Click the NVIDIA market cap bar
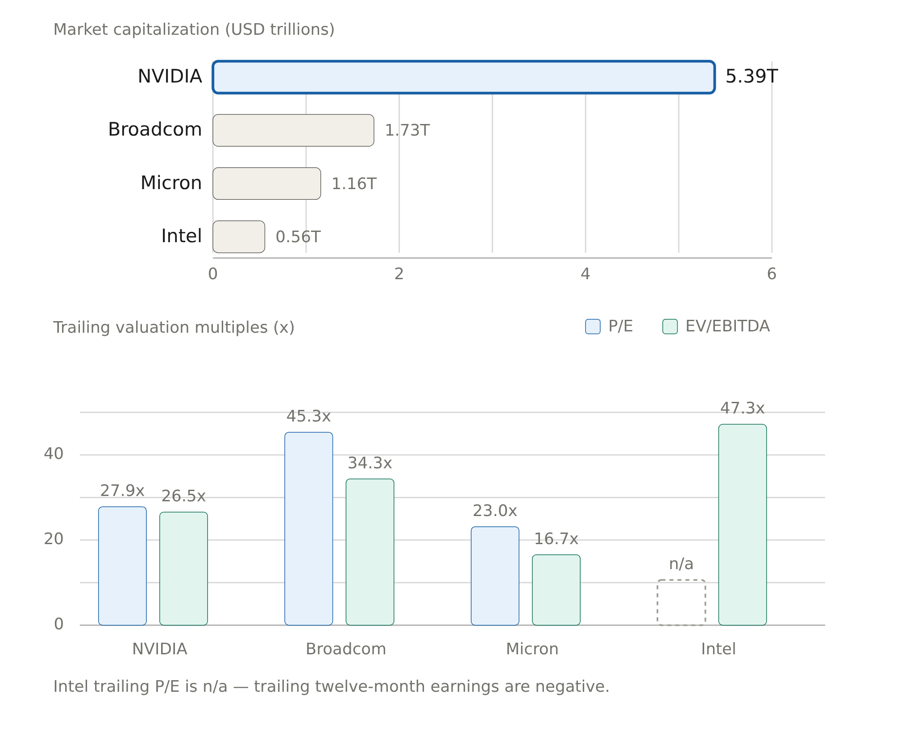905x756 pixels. pos(464,77)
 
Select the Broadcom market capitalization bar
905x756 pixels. pos(293,130)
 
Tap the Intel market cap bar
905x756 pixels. pos(239,237)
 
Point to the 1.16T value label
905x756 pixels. pos(354,184)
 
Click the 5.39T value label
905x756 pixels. pos(751,76)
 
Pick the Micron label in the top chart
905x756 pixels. pos(171,183)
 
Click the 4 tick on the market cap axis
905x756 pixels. pos(585,274)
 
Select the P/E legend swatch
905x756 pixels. pos(593,326)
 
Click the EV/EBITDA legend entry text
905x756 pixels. pos(727,326)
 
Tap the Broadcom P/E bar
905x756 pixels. pos(309,529)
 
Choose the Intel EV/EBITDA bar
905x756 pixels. pos(743,525)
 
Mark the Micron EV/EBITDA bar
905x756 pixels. pos(556,590)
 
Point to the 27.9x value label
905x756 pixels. pos(122,491)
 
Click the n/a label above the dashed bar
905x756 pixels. pos(681,564)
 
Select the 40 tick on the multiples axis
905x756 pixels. pos(54,454)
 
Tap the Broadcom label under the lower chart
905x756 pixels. pos(346,649)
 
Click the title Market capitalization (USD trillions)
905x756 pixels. pos(194,29)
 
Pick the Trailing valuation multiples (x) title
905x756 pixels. pos(174,327)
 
